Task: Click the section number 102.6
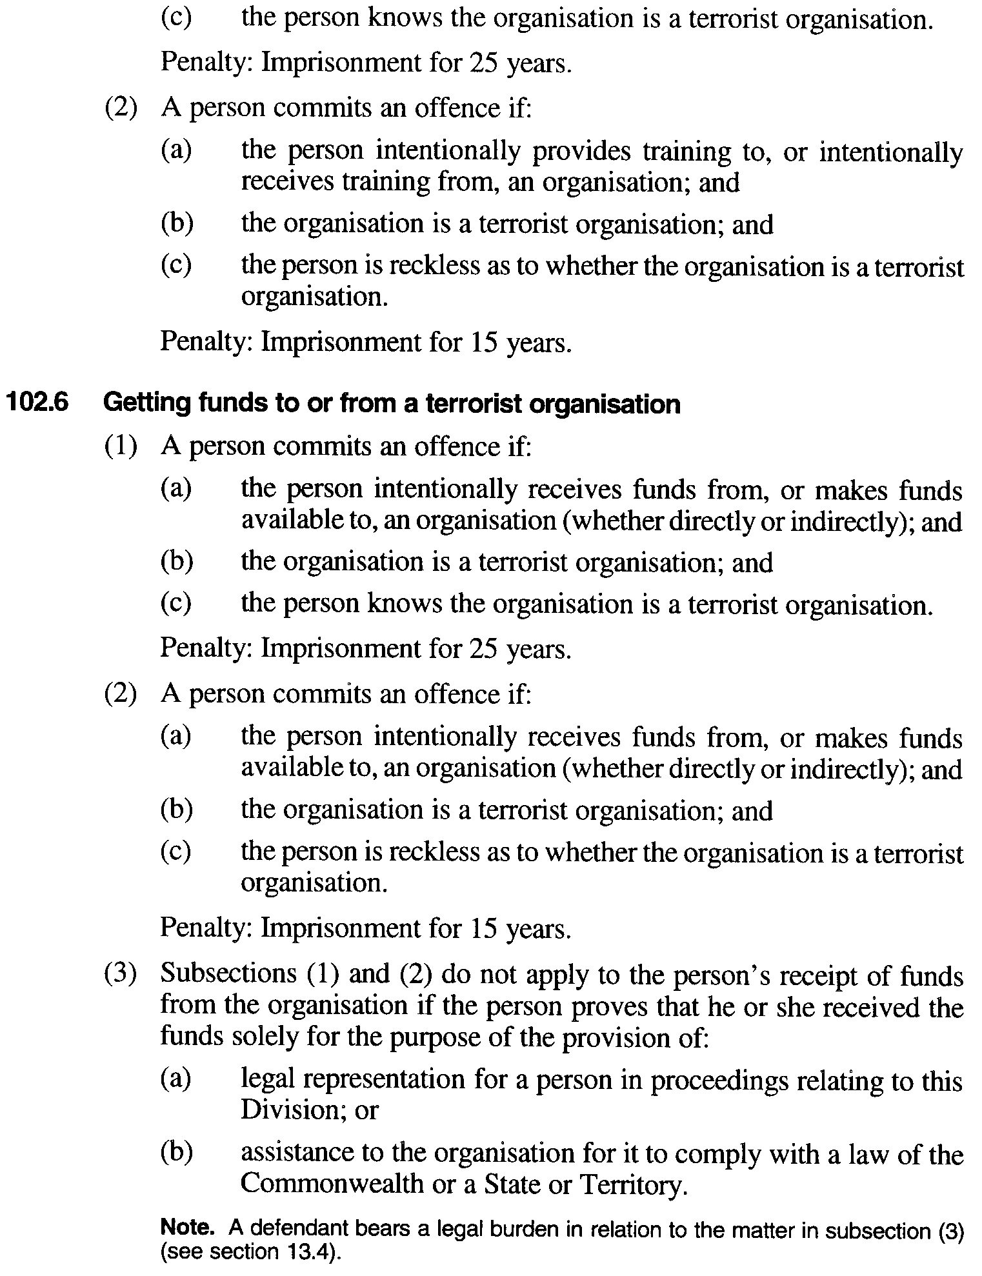pyautogui.click(x=37, y=403)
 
